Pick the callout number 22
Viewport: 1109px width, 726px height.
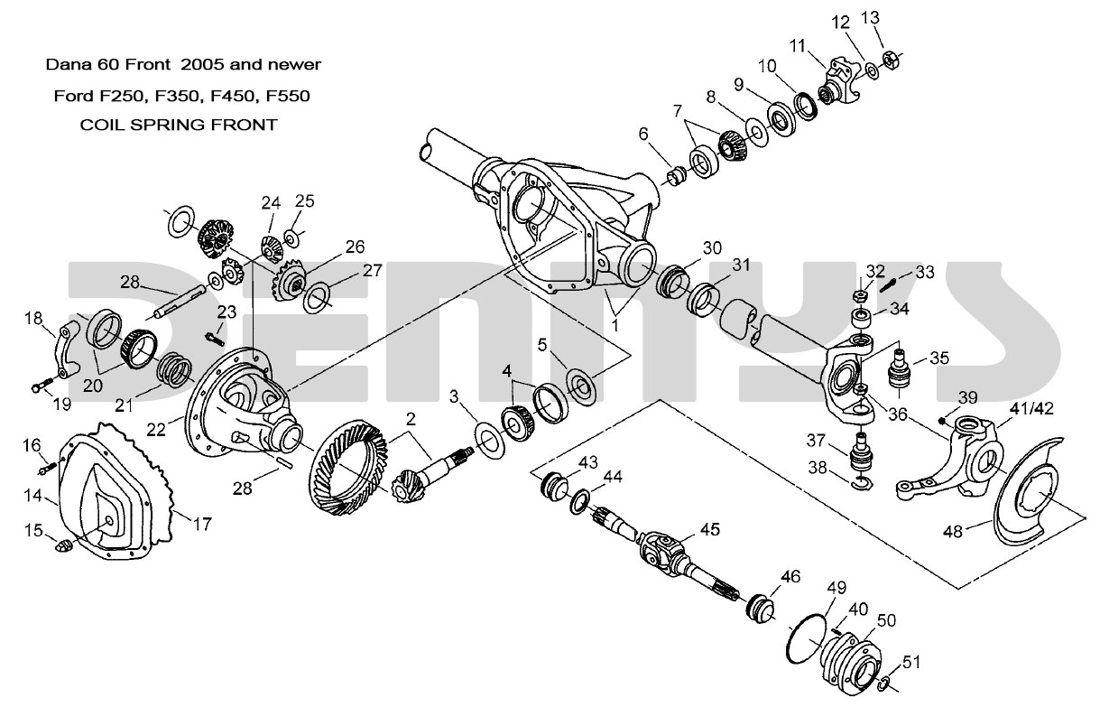157,431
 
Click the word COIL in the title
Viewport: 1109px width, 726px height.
105,125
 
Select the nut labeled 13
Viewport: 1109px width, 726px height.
887,59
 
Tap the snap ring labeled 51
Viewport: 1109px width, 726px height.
886,684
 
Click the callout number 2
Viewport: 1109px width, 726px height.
410,419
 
